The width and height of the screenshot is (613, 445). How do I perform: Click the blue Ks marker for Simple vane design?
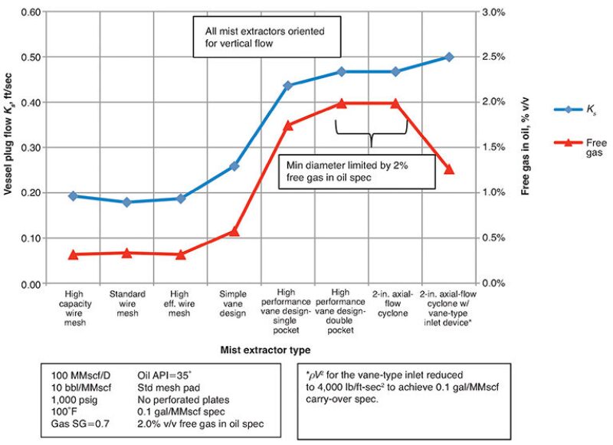(234, 166)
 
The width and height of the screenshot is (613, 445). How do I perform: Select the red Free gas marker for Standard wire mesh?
(127, 253)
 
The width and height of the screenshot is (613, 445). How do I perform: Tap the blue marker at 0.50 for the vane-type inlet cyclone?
(449, 57)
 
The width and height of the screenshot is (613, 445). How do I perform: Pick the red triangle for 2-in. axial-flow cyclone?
(395, 103)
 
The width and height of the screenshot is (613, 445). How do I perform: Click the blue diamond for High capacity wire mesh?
(74, 196)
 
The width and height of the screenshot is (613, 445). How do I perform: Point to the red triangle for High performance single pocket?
(288, 126)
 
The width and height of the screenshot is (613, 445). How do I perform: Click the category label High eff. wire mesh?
(181, 303)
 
